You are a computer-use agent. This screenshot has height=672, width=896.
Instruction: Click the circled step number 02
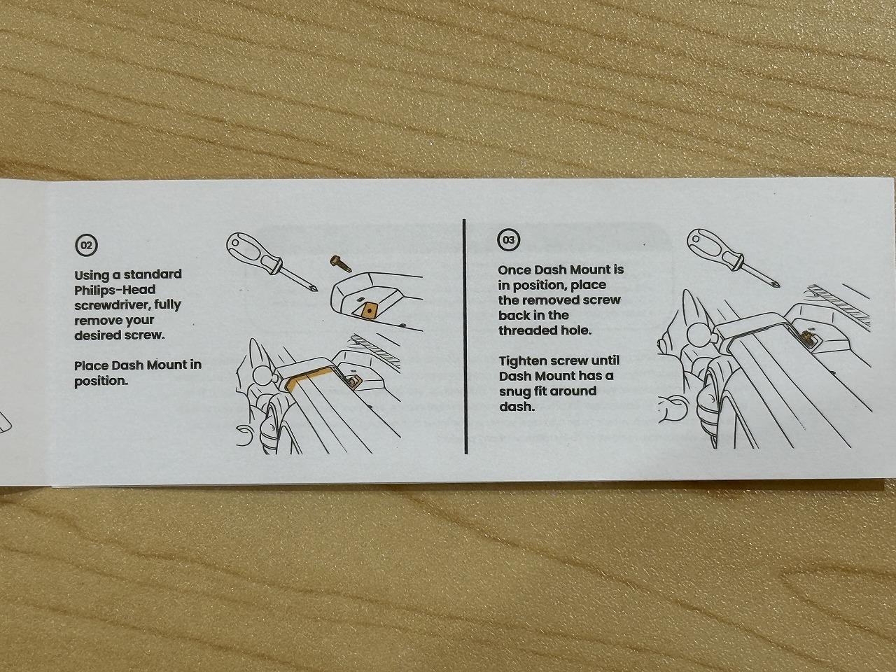tap(87, 245)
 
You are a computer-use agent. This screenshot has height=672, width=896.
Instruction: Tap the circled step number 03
tap(509, 240)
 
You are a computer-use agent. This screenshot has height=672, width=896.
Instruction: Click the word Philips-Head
tap(115, 290)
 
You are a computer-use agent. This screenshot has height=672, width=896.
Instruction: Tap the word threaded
tap(526, 330)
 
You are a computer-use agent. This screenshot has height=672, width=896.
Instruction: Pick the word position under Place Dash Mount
tap(99, 381)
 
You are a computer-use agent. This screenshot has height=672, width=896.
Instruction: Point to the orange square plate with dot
tap(369, 311)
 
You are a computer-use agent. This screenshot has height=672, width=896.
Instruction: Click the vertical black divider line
tap(465, 336)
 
